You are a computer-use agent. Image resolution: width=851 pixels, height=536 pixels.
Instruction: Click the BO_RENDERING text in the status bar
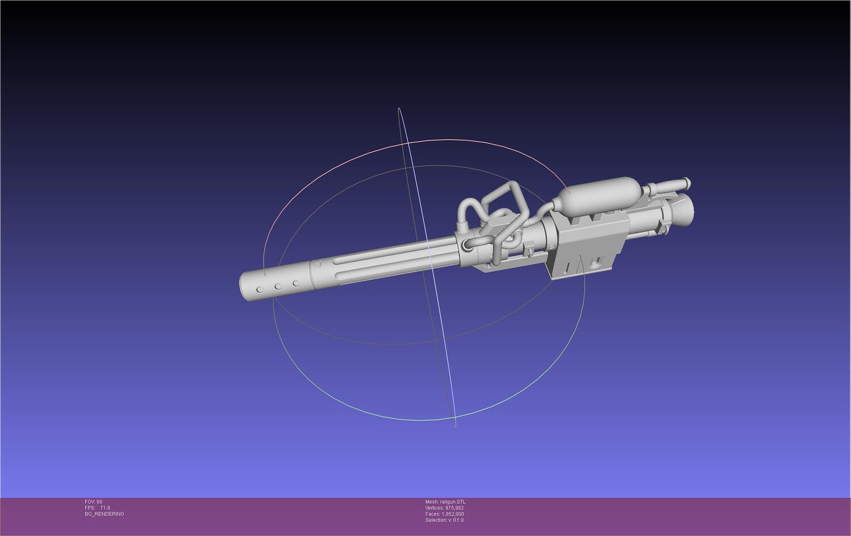[104, 514]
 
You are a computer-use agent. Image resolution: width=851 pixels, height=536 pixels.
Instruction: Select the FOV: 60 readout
[94, 502]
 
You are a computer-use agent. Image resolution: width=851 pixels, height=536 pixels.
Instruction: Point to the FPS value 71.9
[105, 508]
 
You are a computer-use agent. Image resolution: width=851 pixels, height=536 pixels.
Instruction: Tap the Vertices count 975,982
[454, 508]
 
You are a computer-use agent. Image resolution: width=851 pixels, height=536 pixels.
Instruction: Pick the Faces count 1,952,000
[453, 514]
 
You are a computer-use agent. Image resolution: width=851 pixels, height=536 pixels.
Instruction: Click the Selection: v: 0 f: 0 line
[444, 520]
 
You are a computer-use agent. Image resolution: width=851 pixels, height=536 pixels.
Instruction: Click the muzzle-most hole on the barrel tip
[260, 290]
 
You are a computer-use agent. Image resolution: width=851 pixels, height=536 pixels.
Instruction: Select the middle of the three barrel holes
[279, 286]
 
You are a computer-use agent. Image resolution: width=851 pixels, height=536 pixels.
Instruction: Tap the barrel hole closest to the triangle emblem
[296, 284]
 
